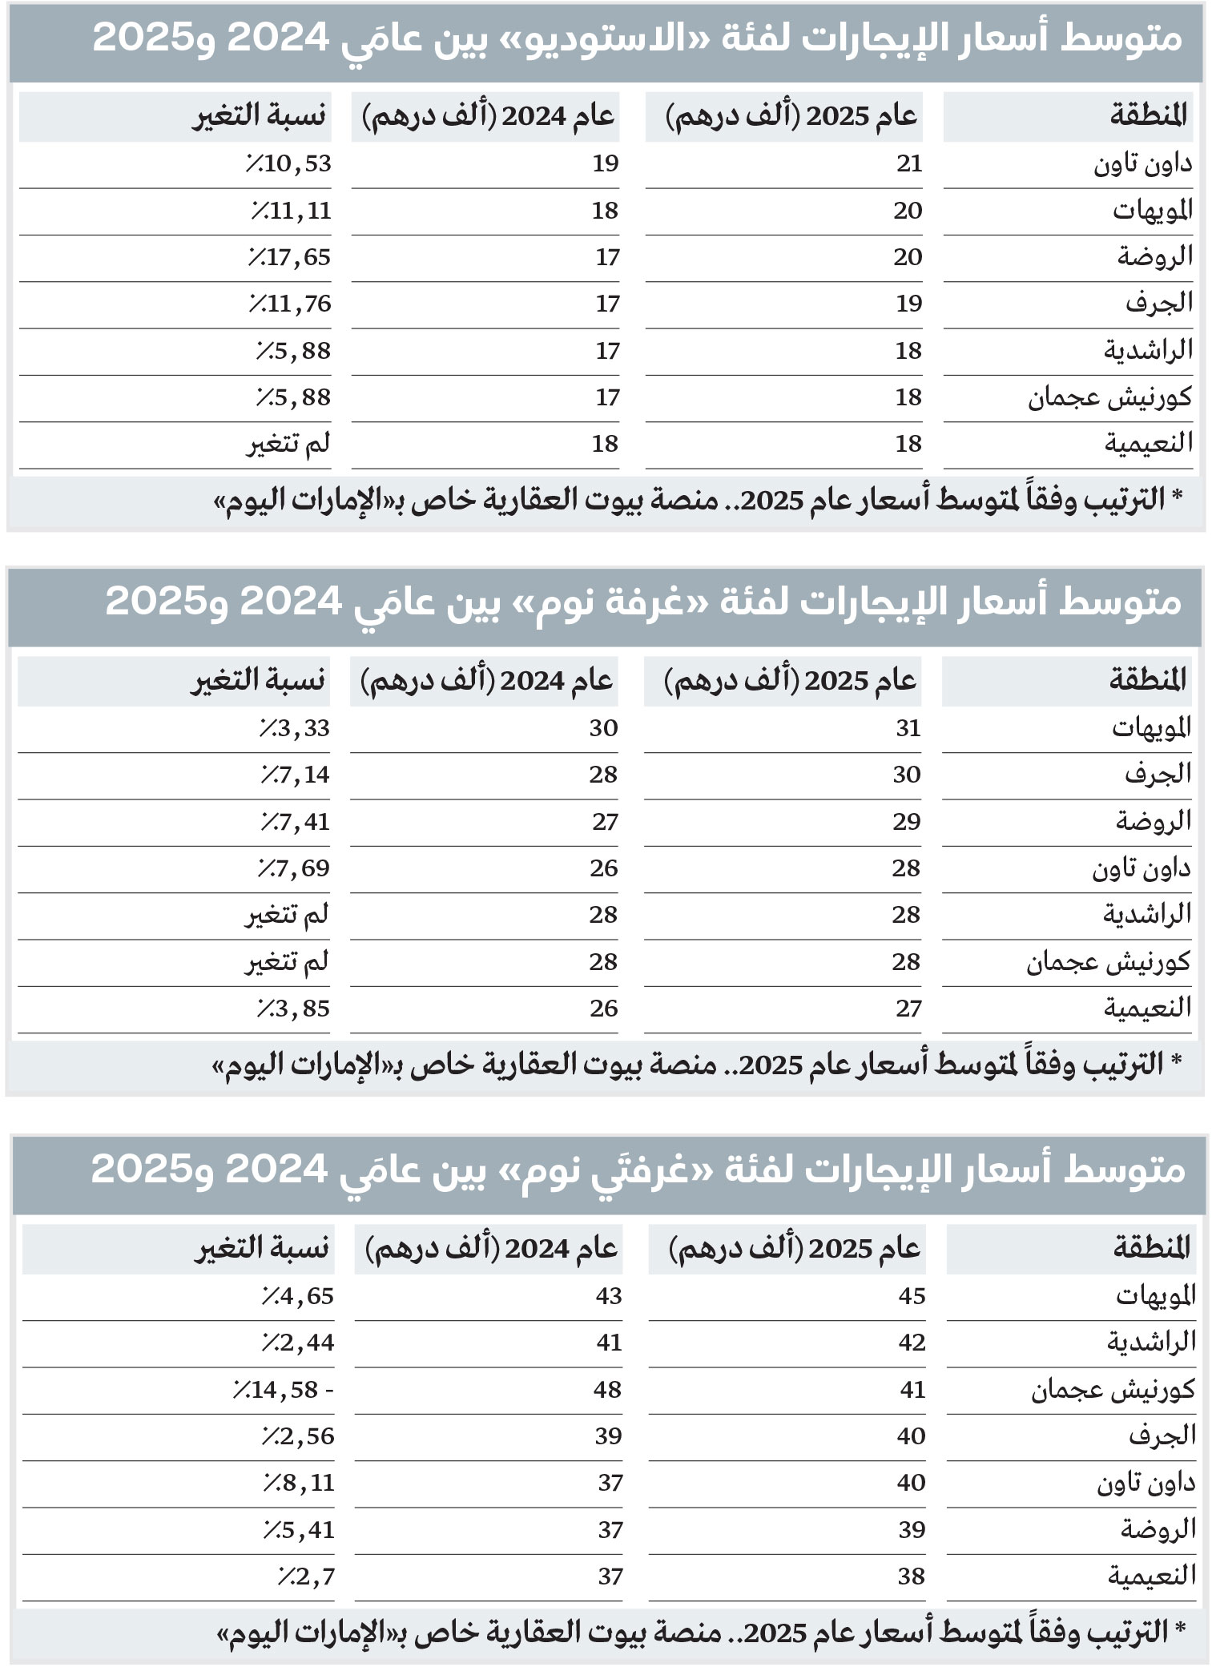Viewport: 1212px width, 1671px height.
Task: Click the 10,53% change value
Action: tap(288, 163)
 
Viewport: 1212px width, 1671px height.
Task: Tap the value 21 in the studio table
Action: tap(909, 163)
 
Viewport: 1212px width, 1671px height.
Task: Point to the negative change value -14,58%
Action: tap(284, 1389)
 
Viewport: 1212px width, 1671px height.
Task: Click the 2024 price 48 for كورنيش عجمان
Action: tap(607, 1389)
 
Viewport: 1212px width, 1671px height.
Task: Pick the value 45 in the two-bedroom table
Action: tap(912, 1295)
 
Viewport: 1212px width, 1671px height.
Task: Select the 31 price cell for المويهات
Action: tap(908, 727)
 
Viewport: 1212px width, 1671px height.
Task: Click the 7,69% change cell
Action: tap(294, 868)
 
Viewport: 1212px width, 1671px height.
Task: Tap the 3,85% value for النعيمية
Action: tap(294, 1008)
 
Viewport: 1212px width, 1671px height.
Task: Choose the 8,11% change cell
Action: tap(299, 1483)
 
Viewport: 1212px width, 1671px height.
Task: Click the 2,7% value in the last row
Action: tap(307, 1576)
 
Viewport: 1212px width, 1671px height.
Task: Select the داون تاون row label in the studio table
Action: tap(1143, 164)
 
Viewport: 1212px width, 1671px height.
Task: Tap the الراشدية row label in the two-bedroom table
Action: tap(1151, 1342)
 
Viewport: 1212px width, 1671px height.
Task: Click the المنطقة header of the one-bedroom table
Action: tap(1148, 680)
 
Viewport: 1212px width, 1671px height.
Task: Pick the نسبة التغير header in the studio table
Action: tap(260, 116)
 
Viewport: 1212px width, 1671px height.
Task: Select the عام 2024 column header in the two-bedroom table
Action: tap(491, 1248)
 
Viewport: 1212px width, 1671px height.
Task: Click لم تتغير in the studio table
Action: tap(288, 444)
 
